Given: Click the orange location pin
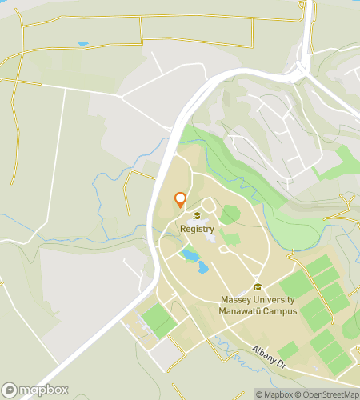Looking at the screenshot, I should pos(180,200).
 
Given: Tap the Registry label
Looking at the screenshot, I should pos(197,229).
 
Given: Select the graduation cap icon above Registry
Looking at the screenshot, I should pos(197,215).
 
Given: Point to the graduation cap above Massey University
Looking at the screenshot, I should pos(258,287).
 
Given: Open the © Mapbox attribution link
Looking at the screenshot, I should pos(274,394).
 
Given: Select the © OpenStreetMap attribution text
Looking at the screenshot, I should pos(327,394).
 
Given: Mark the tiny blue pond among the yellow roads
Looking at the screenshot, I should pos(83,43).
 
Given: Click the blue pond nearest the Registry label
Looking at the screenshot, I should pos(190,255).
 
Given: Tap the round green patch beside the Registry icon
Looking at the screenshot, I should pos(230,214).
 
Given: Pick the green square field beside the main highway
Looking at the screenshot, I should pos(158,320).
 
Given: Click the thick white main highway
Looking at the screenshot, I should pos(152,264).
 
